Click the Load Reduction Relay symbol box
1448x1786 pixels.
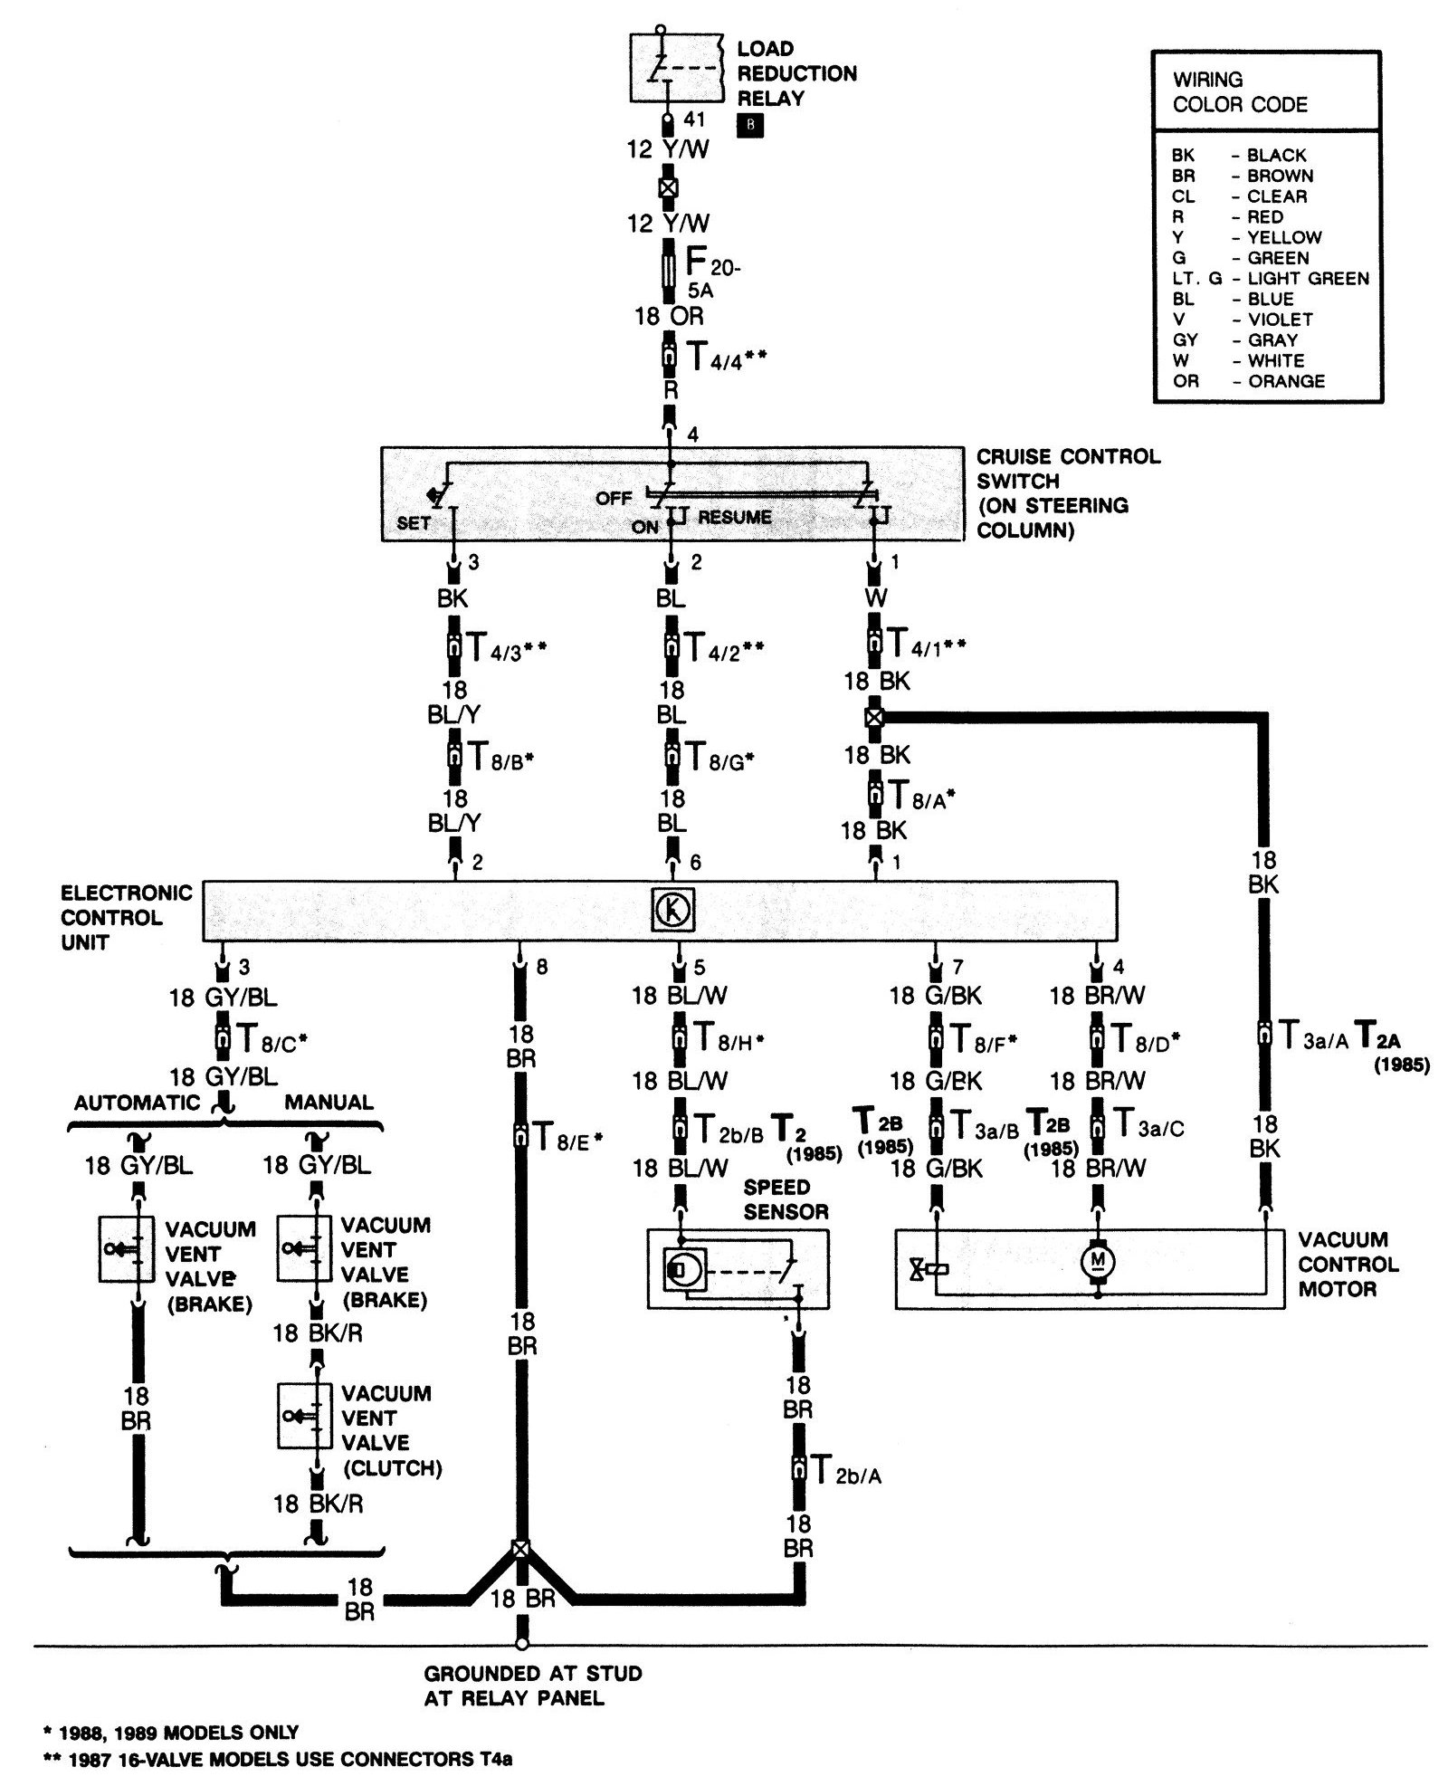click(x=677, y=69)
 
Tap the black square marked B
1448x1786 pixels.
click(x=750, y=126)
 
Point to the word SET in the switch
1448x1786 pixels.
click(x=414, y=523)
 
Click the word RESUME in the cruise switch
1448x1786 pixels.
click(x=735, y=517)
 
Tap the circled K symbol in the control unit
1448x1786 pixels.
click(x=673, y=910)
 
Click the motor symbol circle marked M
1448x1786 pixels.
click(x=1097, y=1260)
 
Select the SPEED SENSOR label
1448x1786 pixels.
click(x=786, y=1199)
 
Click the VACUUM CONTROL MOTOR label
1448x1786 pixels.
click(x=1348, y=1264)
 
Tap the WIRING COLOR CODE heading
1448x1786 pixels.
click(x=1240, y=91)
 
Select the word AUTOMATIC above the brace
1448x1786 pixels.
click(x=137, y=1102)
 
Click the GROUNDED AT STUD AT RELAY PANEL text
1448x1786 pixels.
click(x=533, y=1685)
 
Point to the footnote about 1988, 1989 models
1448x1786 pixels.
click(x=170, y=1733)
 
